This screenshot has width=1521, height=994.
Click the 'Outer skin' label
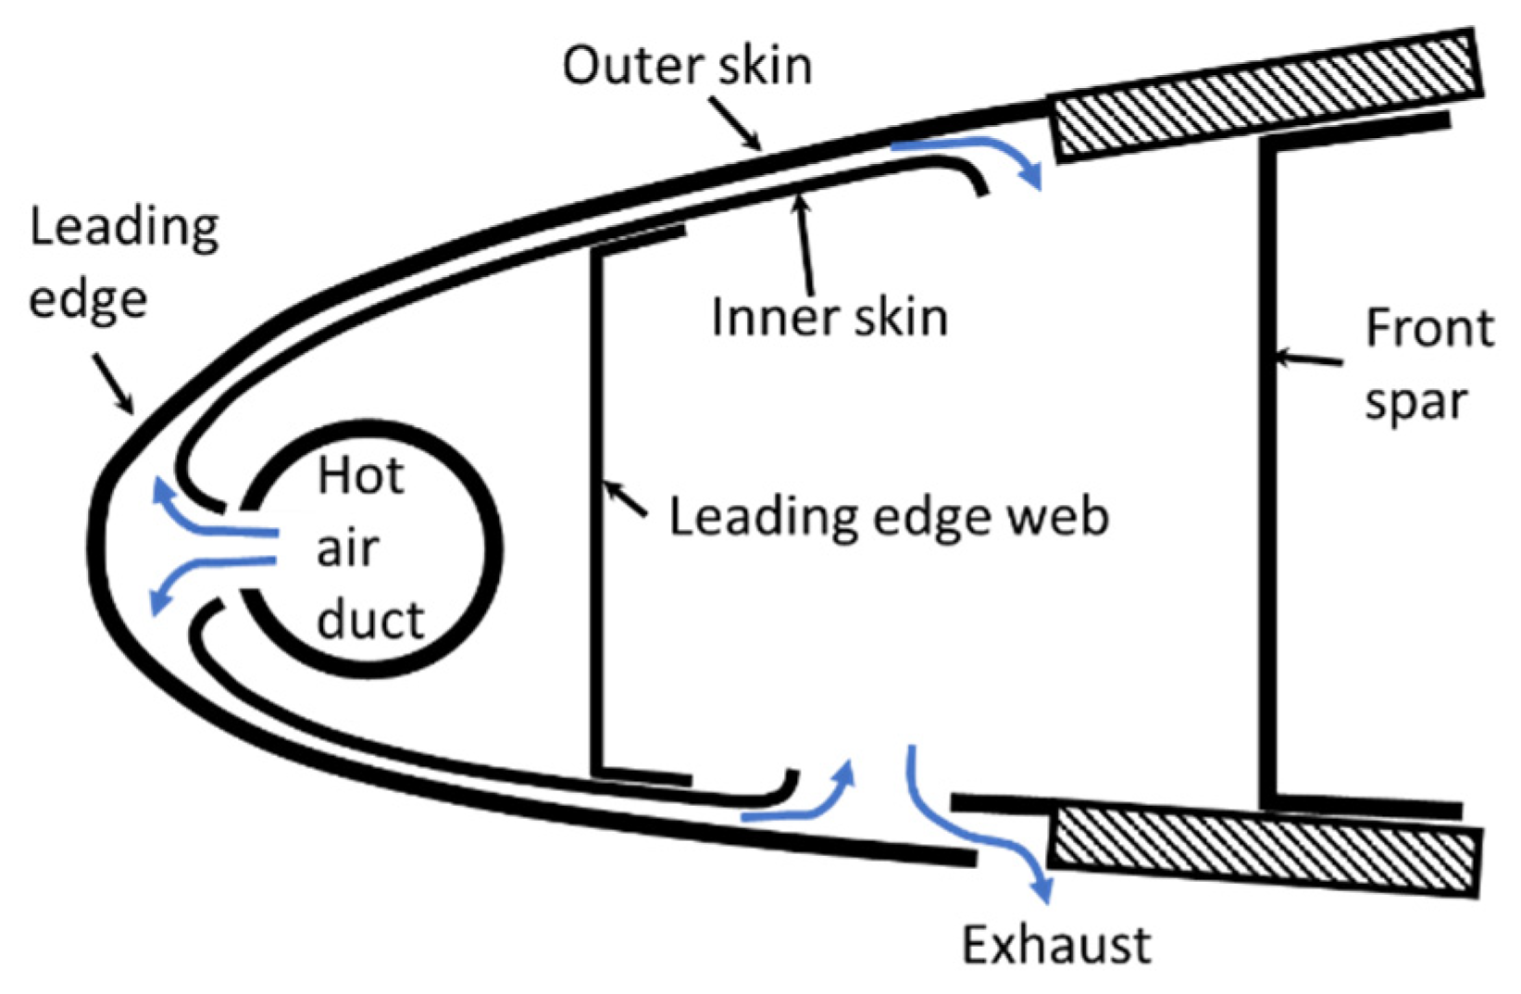point(687,66)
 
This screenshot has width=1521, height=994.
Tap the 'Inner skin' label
point(829,317)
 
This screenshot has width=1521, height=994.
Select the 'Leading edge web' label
point(889,516)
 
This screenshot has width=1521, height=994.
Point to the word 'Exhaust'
point(1056,945)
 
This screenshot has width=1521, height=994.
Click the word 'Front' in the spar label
point(1429,328)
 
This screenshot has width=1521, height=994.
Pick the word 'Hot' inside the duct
point(361,476)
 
